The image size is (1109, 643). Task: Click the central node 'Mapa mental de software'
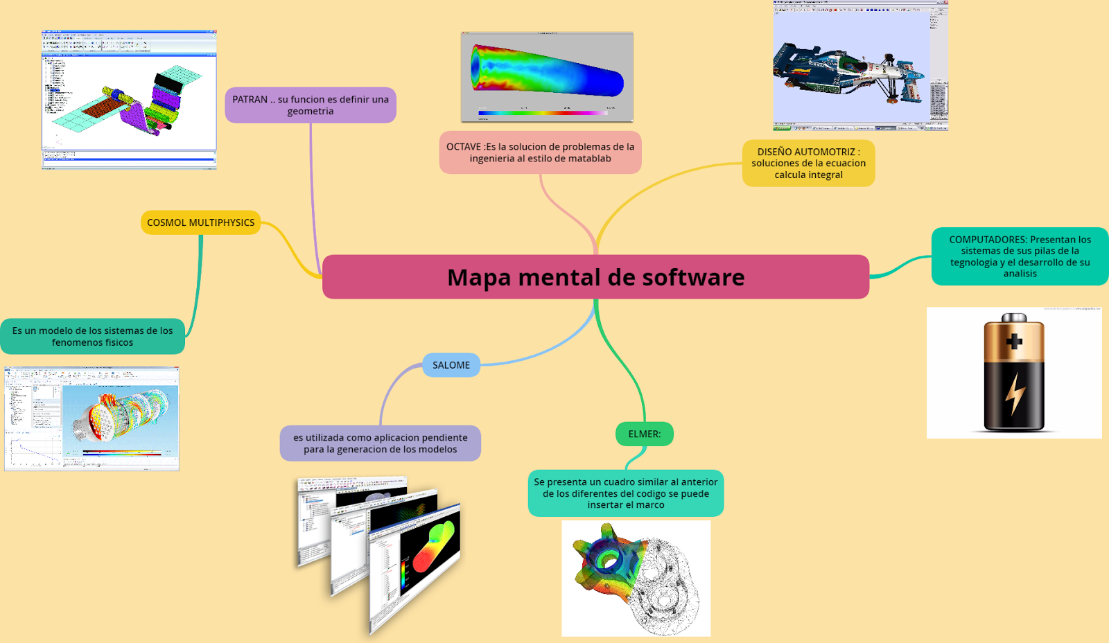click(x=595, y=277)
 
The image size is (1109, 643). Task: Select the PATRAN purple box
click(x=311, y=105)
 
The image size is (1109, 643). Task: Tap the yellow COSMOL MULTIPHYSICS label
click(x=200, y=222)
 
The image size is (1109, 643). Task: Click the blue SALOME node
click(x=451, y=365)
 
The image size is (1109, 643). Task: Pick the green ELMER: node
click(x=645, y=434)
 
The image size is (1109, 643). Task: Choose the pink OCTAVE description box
click(x=540, y=152)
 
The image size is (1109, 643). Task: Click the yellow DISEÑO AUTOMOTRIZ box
click(x=808, y=164)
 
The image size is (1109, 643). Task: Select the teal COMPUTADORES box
click(x=1020, y=256)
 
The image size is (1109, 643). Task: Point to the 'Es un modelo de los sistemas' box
click(x=93, y=337)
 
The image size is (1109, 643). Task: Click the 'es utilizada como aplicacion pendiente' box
click(x=380, y=443)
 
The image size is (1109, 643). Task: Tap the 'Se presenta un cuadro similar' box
click(x=626, y=493)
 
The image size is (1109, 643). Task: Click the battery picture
click(x=1014, y=373)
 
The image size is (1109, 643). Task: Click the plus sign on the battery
click(x=1014, y=342)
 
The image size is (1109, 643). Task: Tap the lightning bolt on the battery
click(x=1015, y=394)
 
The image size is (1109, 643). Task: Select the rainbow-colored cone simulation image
click(x=547, y=77)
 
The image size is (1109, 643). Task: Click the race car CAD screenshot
click(x=860, y=67)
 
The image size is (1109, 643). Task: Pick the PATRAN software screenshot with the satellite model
click(x=129, y=100)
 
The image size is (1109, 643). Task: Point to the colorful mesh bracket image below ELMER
click(x=636, y=579)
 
